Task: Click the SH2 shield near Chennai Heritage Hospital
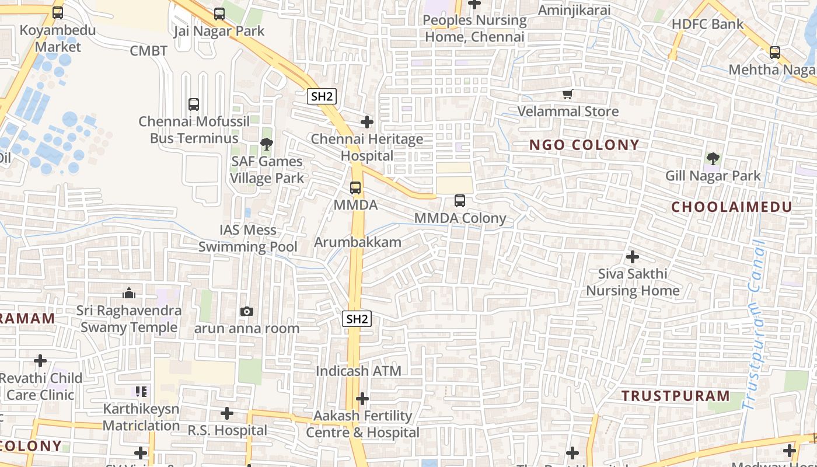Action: [x=322, y=96]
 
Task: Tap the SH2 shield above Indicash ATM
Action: [x=357, y=319]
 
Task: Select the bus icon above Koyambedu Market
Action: [x=58, y=13]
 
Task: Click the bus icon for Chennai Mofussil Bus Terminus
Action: [x=194, y=104]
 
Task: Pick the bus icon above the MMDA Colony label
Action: [x=460, y=201]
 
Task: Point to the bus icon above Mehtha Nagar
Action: [x=775, y=53]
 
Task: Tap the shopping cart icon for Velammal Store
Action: [x=567, y=94]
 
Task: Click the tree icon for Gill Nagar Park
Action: [x=713, y=158]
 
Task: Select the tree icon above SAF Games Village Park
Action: [x=267, y=144]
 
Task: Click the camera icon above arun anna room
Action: [x=247, y=312]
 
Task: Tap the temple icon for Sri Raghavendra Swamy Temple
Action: [x=129, y=293]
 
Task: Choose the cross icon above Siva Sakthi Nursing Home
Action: [x=632, y=257]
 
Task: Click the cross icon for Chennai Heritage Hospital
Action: [x=367, y=122]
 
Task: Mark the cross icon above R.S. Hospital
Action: [x=227, y=414]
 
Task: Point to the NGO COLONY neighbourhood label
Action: [x=584, y=145]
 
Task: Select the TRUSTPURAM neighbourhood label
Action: [x=675, y=396]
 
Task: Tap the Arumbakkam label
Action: [x=358, y=242]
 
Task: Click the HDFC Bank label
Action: [x=708, y=25]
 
